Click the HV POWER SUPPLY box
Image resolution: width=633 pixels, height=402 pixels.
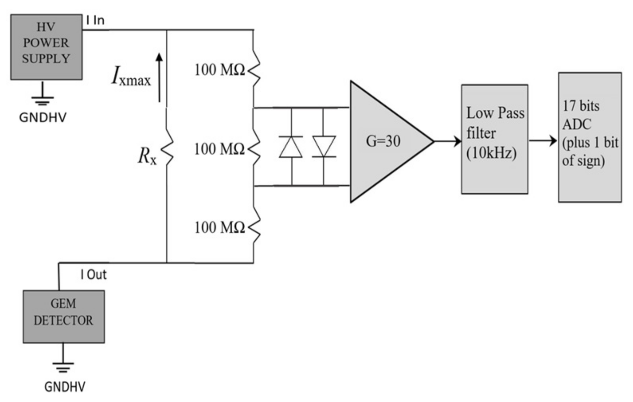pyautogui.click(x=46, y=47)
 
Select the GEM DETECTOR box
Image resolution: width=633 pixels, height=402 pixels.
pyautogui.click(x=63, y=316)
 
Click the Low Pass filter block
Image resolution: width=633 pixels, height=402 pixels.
pyautogui.click(x=494, y=139)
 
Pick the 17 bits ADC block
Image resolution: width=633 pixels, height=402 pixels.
pyautogui.click(x=590, y=137)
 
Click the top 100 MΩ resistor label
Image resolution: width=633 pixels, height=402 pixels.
pyautogui.click(x=219, y=70)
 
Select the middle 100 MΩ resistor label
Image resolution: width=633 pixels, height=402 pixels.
pyautogui.click(x=219, y=149)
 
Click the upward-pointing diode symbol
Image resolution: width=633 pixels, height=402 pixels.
pyautogui.click(x=291, y=147)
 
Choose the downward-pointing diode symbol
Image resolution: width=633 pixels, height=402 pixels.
pyautogui.click(x=324, y=147)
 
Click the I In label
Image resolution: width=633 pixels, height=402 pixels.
pyautogui.click(x=95, y=21)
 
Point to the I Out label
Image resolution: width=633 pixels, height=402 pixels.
pyautogui.click(x=94, y=275)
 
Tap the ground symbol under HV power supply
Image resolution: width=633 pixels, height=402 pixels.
pyautogui.click(x=42, y=96)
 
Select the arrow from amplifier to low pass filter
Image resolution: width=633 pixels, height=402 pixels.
pyautogui.click(x=447, y=141)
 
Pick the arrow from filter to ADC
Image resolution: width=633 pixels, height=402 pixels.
pyautogui.click(x=543, y=141)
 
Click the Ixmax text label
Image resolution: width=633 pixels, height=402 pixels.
pyautogui.click(x=131, y=77)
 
